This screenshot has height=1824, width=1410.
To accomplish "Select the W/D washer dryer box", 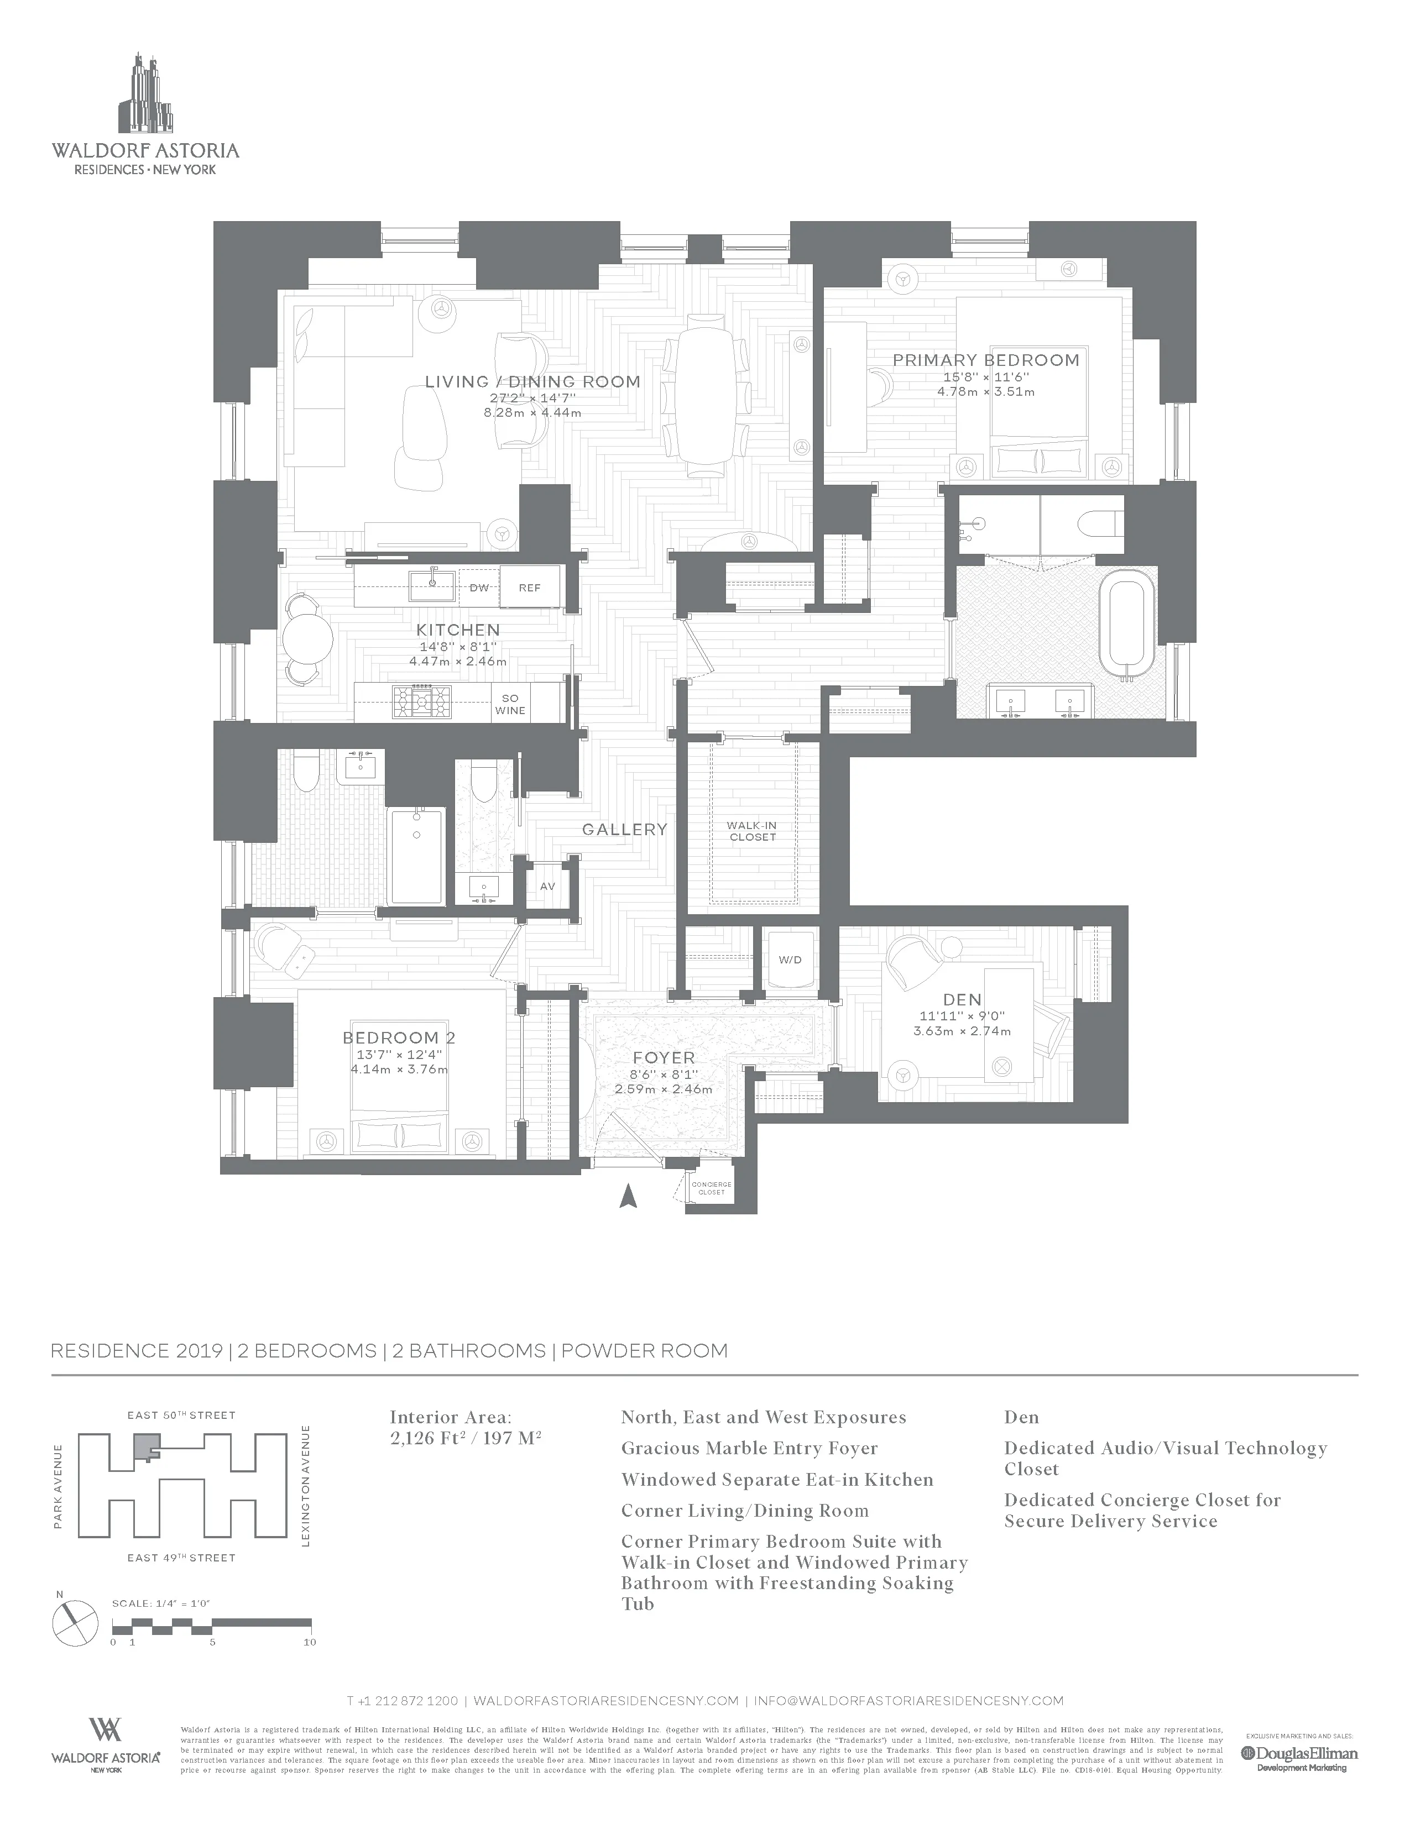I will click(790, 960).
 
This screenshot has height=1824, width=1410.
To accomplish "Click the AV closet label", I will click(547, 886).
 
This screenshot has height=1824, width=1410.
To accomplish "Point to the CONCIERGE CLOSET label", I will click(711, 1188).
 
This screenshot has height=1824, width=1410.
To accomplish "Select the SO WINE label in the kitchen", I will click(510, 704).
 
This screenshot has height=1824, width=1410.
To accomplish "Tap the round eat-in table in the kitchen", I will click(307, 640).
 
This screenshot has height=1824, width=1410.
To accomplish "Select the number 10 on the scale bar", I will click(310, 1642).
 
